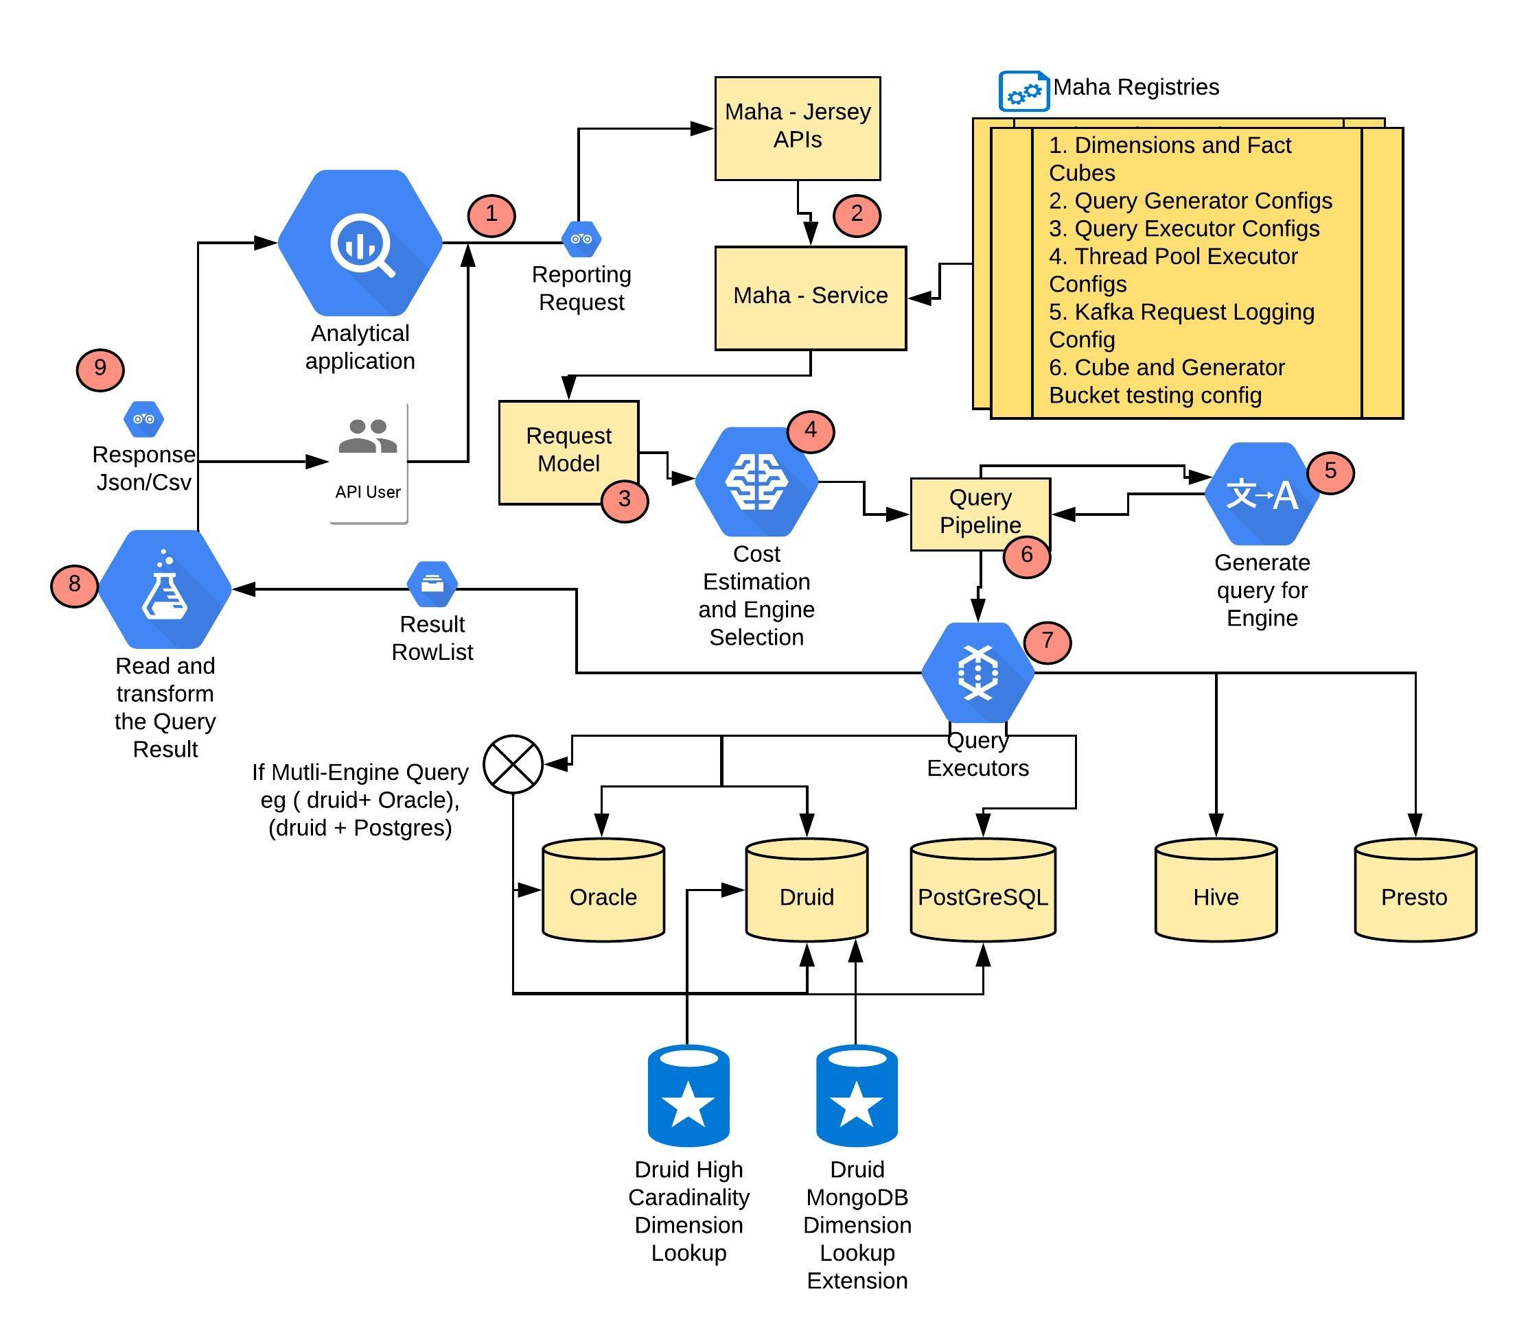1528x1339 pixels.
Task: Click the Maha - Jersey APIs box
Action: pos(798,128)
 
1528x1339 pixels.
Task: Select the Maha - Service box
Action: pos(811,298)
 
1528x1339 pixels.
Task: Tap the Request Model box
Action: pos(569,453)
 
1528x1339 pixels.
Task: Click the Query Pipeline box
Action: pos(980,514)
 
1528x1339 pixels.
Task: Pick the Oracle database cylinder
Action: pos(603,890)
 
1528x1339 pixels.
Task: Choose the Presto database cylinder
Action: pos(1415,890)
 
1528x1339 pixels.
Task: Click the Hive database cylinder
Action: pos(1216,890)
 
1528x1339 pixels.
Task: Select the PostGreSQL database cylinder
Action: pos(983,890)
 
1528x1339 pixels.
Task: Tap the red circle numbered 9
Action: pos(100,369)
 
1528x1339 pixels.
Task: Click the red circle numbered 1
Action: pos(491,215)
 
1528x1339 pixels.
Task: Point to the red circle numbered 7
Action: pos(1047,641)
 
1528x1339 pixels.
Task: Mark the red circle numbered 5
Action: pos(1330,471)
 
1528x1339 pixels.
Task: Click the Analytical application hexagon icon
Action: pos(360,243)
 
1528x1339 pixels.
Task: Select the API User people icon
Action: pos(368,436)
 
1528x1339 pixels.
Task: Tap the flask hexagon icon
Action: pos(165,589)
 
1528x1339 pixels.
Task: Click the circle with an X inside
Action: pos(513,763)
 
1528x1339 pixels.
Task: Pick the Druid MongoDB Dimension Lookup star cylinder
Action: pos(857,1095)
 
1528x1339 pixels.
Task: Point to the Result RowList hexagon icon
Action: pos(432,584)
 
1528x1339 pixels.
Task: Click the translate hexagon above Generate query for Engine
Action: pos(1262,494)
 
